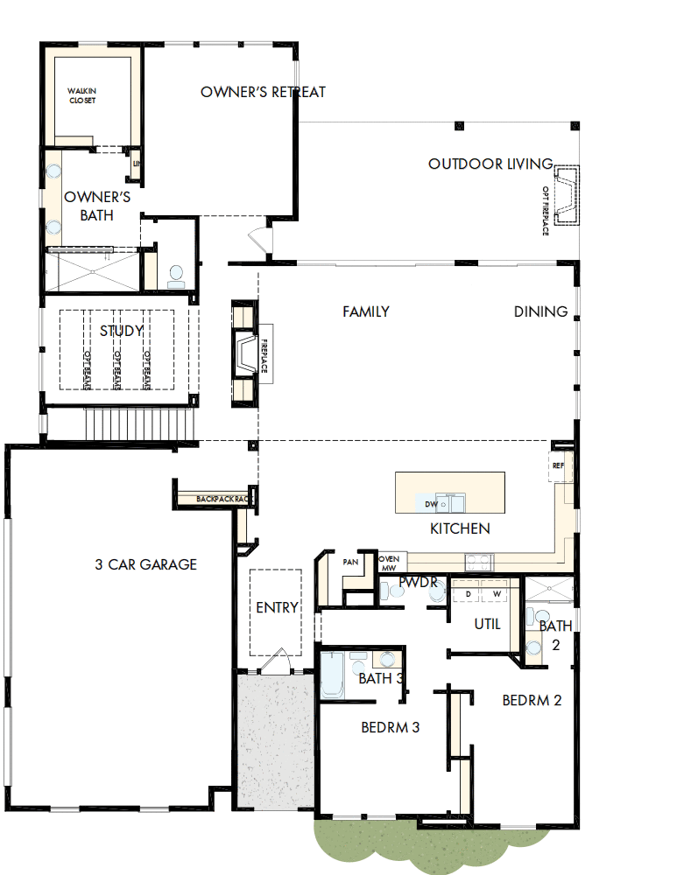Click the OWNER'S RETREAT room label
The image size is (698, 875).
tap(263, 92)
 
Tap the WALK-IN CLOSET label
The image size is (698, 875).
tap(82, 95)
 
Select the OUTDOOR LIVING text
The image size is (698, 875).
tap(490, 164)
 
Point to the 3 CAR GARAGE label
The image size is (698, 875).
tap(145, 564)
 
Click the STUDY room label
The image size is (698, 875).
tap(121, 331)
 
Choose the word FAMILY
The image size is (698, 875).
tap(365, 311)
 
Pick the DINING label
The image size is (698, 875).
tap(540, 311)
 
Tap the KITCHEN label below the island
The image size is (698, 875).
tap(460, 528)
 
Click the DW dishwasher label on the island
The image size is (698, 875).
tap(431, 505)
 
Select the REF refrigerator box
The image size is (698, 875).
tap(559, 466)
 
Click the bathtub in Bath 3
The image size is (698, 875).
tap(332, 675)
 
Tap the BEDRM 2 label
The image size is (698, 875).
tap(532, 700)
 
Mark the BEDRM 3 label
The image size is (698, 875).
tap(391, 727)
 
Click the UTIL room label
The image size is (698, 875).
tap(487, 624)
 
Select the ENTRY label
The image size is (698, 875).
tap(277, 607)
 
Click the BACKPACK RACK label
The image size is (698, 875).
tap(225, 499)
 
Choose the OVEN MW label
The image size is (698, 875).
tap(389, 563)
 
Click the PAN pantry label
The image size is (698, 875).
tap(351, 562)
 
